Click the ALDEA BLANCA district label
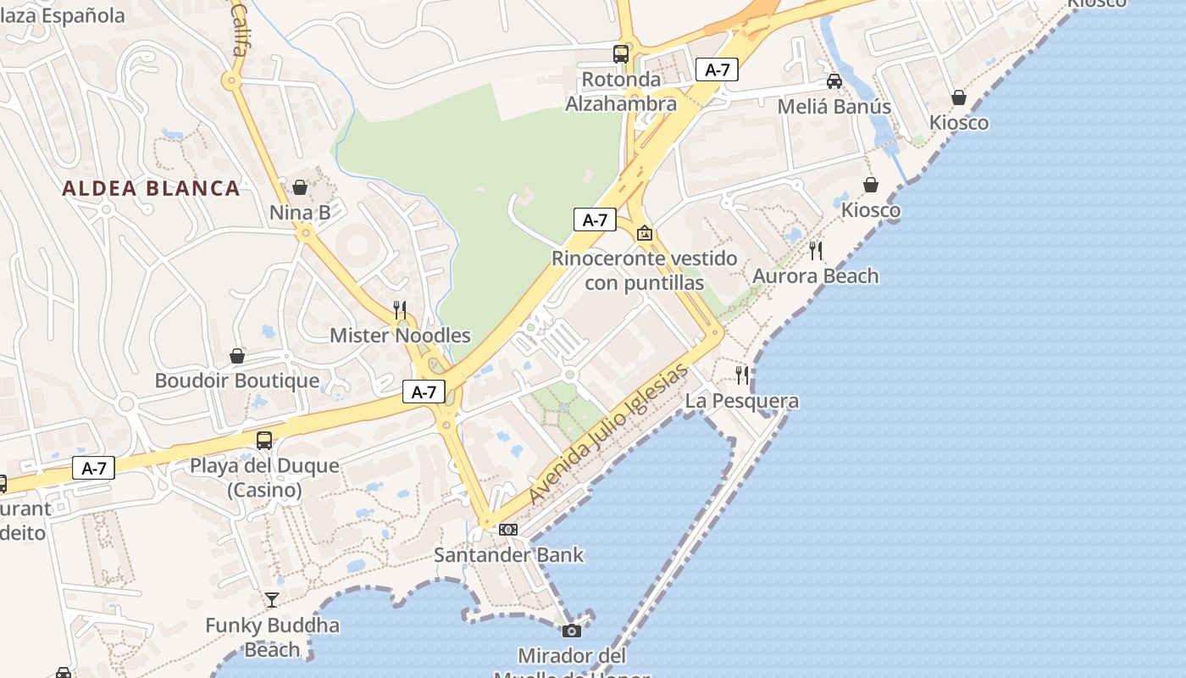[x=151, y=188]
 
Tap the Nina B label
[x=300, y=213]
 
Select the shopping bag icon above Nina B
[x=300, y=187]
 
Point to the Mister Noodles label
[x=400, y=335]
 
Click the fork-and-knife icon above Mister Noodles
[x=400, y=309]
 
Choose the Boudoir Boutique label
[x=237, y=381]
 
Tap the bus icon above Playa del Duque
[x=264, y=441]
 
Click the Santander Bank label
[x=508, y=555]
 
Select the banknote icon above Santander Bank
[x=508, y=530]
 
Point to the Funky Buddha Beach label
[x=272, y=637]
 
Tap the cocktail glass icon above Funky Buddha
[x=272, y=600]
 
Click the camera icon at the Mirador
[x=572, y=631]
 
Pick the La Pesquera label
[x=741, y=401]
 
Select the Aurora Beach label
[x=815, y=276]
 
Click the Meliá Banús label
[x=834, y=107]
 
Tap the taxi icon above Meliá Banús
[x=834, y=81]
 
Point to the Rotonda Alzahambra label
[x=621, y=92]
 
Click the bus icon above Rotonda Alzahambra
[x=621, y=54]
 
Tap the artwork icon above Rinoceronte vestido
[x=645, y=233]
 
